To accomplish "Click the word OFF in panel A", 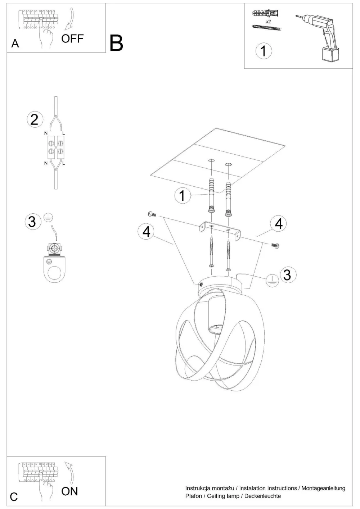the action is click(x=72, y=39).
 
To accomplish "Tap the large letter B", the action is click(x=116, y=43).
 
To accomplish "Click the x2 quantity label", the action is click(x=268, y=22).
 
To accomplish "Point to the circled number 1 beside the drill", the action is click(x=264, y=51).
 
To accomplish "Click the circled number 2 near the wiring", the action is click(x=35, y=120).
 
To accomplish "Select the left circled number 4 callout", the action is click(x=146, y=232).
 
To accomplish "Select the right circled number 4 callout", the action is click(x=279, y=224).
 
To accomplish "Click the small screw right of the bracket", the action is click(x=275, y=245).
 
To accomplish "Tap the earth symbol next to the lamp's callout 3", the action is click(x=272, y=281).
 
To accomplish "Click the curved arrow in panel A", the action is click(x=70, y=19).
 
